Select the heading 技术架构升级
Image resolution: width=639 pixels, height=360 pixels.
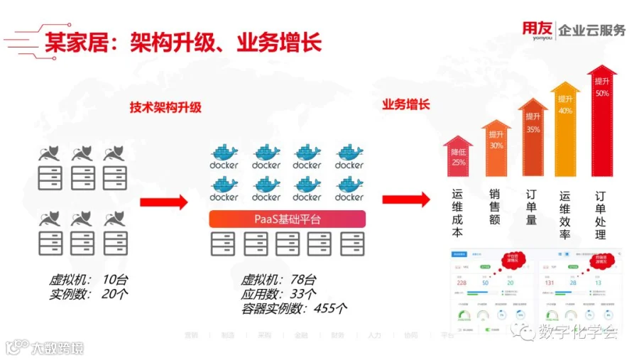pyautogui.click(x=165, y=107)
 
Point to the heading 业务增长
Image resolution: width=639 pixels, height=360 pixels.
pyautogui.click(x=406, y=104)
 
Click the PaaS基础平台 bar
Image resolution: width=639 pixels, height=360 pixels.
pyautogui.click(x=287, y=219)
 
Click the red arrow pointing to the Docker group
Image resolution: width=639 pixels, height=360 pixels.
pyautogui.click(x=164, y=202)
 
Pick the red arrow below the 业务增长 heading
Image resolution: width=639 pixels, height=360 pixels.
pyautogui.click(x=406, y=200)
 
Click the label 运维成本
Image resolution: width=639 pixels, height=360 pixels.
pyautogui.click(x=458, y=212)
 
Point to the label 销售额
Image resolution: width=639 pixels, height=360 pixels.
pyautogui.click(x=495, y=206)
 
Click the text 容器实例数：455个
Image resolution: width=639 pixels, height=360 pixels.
pyautogui.click(x=294, y=307)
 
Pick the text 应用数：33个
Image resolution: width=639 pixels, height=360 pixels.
pyautogui.click(x=278, y=293)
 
